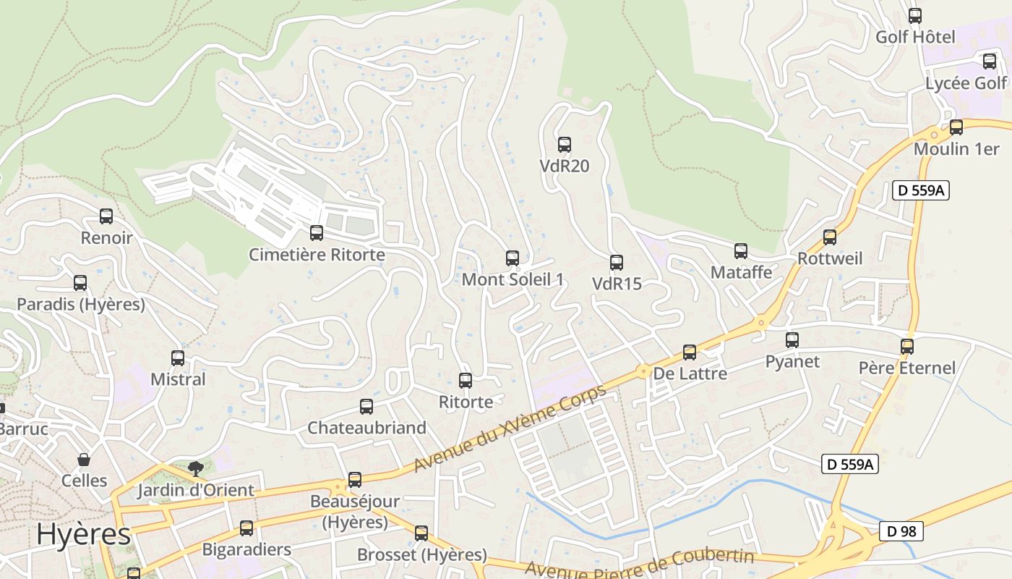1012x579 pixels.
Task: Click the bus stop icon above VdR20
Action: pyautogui.click(x=565, y=144)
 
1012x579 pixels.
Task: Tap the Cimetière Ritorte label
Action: pyautogui.click(x=317, y=255)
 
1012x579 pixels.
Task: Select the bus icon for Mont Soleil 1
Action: pyautogui.click(x=513, y=258)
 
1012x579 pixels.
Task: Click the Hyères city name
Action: pyautogui.click(x=83, y=534)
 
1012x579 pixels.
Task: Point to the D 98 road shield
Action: pyautogui.click(x=901, y=531)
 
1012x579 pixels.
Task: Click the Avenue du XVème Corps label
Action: pyautogui.click(x=509, y=428)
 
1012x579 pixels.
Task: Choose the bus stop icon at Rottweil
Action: pyautogui.click(x=830, y=237)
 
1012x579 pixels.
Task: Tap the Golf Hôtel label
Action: pyautogui.click(x=915, y=37)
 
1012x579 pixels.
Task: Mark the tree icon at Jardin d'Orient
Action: pyautogui.click(x=195, y=468)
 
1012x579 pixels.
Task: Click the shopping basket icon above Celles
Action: pyautogui.click(x=84, y=460)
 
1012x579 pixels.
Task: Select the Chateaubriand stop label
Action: pyautogui.click(x=366, y=428)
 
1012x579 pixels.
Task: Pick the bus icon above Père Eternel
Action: pyautogui.click(x=907, y=346)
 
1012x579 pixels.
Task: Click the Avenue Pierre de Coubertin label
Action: pyautogui.click(x=639, y=564)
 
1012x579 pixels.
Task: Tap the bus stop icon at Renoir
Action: pyautogui.click(x=106, y=216)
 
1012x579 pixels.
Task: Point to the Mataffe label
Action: pyautogui.click(x=741, y=272)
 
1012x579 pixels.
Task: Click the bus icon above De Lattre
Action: pyautogui.click(x=690, y=352)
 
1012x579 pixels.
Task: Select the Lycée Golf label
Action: pyautogui.click(x=966, y=83)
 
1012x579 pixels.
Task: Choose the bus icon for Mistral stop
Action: pyautogui.click(x=178, y=358)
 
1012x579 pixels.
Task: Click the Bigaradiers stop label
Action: pyautogui.click(x=246, y=549)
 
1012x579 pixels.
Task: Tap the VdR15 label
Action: pyautogui.click(x=617, y=284)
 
